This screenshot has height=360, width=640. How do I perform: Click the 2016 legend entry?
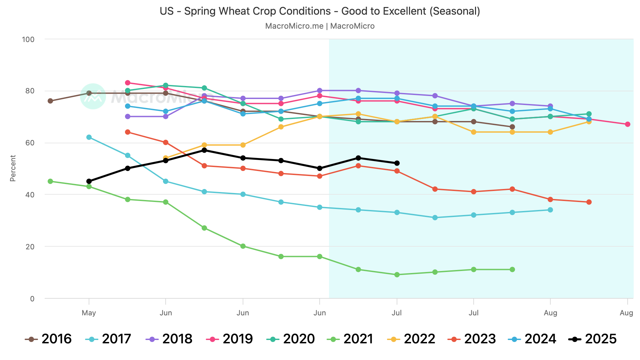point(49,339)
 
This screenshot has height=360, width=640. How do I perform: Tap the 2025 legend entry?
point(592,339)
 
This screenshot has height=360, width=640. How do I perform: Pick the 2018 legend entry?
point(169,339)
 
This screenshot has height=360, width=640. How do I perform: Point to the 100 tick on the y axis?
point(28,39)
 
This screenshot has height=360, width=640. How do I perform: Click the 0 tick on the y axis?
point(32,299)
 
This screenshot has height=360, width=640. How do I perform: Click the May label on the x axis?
point(89,313)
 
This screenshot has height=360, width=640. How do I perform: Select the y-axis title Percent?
point(13,168)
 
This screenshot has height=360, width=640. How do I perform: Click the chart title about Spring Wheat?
point(320,11)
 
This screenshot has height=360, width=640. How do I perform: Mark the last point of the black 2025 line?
point(397,163)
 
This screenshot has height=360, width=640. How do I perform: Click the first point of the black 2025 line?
point(89,181)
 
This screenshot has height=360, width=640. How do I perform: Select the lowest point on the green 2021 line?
point(397,275)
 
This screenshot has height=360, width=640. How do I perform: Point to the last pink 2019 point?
point(627,124)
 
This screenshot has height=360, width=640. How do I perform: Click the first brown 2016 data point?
point(50,101)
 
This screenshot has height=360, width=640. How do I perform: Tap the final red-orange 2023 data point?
point(589,202)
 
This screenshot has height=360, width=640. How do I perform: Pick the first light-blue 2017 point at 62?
point(89,137)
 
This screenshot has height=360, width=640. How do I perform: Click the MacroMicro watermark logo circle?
point(93,96)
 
